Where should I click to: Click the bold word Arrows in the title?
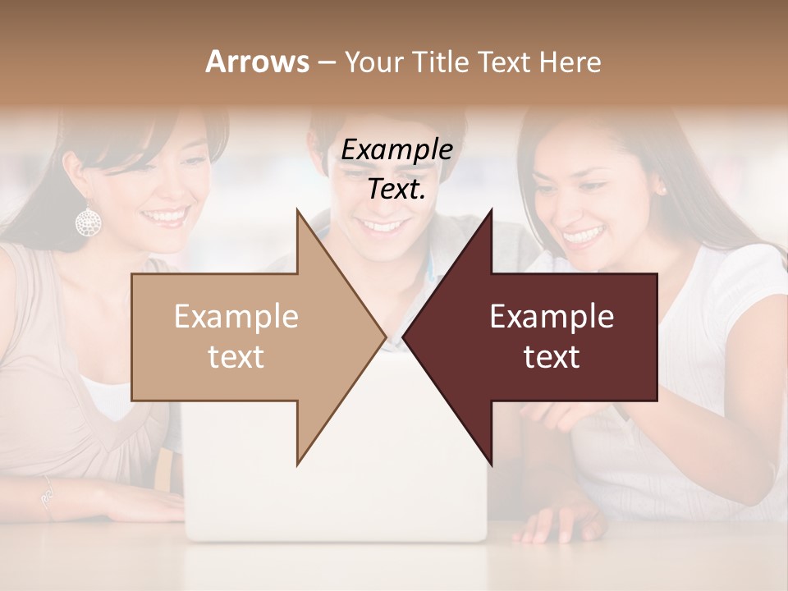coord(257,62)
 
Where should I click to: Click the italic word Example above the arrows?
coord(396,150)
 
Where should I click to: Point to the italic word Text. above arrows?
coord(396,190)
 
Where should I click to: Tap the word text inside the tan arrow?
coord(236,357)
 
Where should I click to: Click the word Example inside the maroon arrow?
coord(552,317)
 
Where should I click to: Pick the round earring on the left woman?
coord(88,220)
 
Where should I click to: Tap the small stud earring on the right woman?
coord(660,190)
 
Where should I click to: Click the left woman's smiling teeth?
coord(164,217)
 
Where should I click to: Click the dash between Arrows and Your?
coord(326,62)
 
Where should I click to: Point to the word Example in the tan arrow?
coord(236,317)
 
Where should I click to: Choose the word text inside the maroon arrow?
coord(552,357)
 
